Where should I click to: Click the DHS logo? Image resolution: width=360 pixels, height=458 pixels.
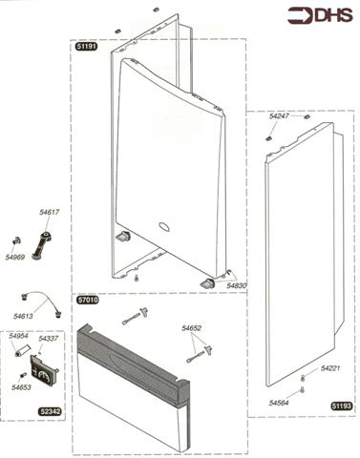click(x=320, y=15)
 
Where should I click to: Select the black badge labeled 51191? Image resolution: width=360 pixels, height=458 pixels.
click(x=86, y=47)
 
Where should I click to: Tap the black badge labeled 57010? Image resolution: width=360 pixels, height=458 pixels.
click(x=88, y=300)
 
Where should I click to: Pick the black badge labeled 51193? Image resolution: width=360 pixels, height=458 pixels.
click(x=342, y=406)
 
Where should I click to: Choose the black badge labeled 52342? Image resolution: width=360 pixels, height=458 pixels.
click(x=51, y=411)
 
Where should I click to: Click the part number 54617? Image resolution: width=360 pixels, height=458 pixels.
click(x=50, y=212)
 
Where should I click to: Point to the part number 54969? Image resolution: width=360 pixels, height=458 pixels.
click(x=15, y=257)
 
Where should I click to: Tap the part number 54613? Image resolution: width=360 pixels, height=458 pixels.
click(x=23, y=316)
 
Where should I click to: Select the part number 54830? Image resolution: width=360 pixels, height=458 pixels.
click(x=237, y=285)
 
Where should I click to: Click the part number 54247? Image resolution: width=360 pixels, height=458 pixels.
click(x=279, y=116)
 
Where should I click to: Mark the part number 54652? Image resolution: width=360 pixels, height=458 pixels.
click(x=192, y=328)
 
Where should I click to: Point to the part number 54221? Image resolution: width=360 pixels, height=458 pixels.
click(x=330, y=368)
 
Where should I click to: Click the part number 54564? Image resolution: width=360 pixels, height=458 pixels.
click(x=279, y=403)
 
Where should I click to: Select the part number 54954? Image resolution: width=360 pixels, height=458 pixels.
click(x=18, y=336)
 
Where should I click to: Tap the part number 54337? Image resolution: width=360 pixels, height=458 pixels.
click(x=49, y=339)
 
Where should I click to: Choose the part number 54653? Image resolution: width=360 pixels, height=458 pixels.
click(x=21, y=387)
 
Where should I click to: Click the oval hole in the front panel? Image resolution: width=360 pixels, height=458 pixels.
click(x=164, y=226)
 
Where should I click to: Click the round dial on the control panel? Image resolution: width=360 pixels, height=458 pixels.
click(x=43, y=376)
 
